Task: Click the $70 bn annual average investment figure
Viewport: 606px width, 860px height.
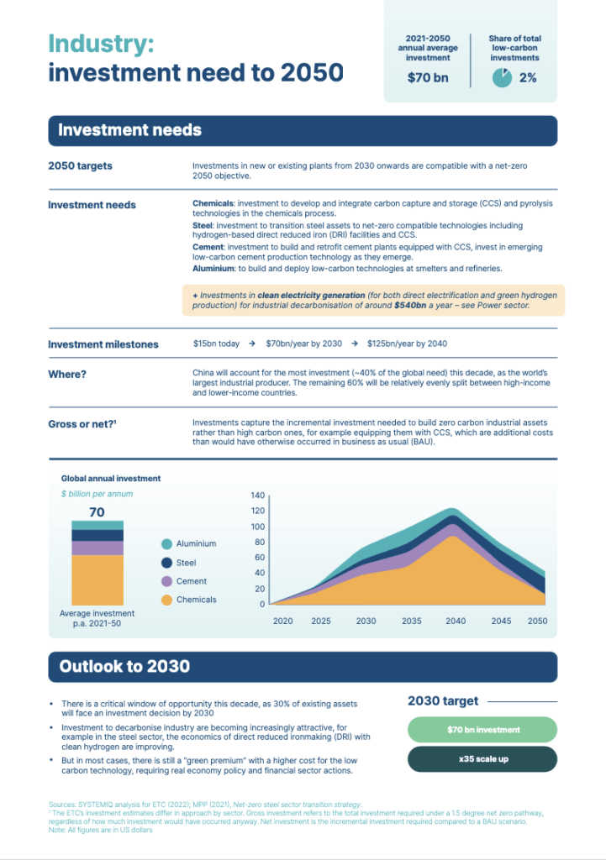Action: coord(428,78)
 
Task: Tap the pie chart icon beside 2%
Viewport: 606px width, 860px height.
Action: coord(502,78)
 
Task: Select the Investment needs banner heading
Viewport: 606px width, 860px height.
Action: coord(129,130)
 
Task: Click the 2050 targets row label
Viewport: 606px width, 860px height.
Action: coord(80,166)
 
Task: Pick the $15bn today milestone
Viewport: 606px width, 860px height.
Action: coord(216,344)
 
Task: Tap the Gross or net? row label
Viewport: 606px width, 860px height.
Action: coord(82,424)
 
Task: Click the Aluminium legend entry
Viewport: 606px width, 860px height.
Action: coord(196,543)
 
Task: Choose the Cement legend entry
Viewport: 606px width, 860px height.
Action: coord(191,581)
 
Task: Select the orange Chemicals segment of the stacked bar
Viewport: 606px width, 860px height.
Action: coord(97,579)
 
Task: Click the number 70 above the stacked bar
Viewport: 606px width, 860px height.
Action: coord(97,512)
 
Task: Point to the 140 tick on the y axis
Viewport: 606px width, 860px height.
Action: coord(257,496)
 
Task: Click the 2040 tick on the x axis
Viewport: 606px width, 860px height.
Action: coord(455,621)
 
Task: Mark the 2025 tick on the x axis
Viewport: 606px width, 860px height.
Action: coord(320,621)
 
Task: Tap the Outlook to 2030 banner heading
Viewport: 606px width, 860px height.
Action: coord(124,667)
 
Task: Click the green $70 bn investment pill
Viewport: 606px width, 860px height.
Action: coord(482,730)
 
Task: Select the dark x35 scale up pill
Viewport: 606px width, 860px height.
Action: coord(482,758)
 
